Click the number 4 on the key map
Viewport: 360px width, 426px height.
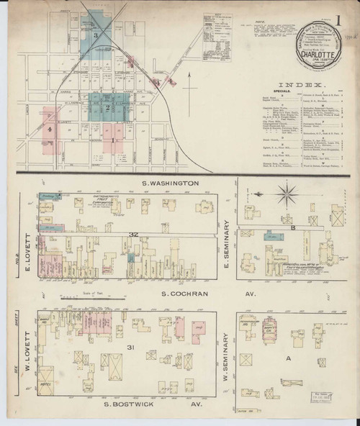point(50,130)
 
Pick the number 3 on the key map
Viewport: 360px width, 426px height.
point(95,34)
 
